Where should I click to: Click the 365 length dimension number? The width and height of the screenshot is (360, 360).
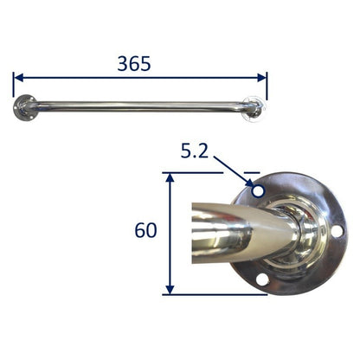click(x=134, y=64)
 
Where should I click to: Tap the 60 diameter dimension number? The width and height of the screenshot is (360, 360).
click(x=146, y=230)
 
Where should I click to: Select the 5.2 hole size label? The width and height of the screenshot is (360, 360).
click(x=195, y=151)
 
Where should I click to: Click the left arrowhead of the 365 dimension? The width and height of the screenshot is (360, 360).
click(x=19, y=78)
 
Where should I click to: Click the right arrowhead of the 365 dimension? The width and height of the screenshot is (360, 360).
click(x=261, y=78)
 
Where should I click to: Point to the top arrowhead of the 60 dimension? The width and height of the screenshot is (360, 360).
click(x=170, y=177)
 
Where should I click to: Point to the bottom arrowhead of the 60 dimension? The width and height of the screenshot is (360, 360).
click(x=170, y=289)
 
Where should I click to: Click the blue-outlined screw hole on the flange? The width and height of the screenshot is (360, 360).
click(x=258, y=191)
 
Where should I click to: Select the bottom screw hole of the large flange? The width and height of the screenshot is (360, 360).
click(x=262, y=280)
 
